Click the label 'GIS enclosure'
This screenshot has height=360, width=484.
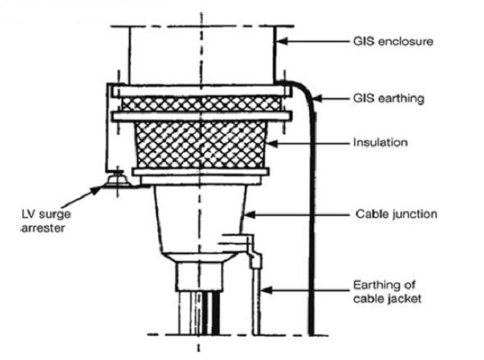click(x=393, y=42)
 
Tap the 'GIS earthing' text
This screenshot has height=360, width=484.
click(x=389, y=98)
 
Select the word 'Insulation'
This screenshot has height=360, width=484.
click(x=380, y=142)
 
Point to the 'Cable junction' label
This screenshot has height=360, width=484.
click(x=396, y=214)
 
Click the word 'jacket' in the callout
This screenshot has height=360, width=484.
click(x=404, y=299)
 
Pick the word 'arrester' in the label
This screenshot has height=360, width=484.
click(x=43, y=228)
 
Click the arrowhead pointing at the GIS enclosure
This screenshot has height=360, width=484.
click(x=282, y=41)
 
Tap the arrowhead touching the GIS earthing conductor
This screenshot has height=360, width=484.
click(x=317, y=98)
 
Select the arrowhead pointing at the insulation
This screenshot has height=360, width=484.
click(x=273, y=143)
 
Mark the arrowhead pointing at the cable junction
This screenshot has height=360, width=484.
click(x=250, y=214)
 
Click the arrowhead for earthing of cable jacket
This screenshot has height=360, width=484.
click(x=267, y=290)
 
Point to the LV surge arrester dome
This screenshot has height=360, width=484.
click(x=117, y=180)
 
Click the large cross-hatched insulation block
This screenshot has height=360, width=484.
click(x=200, y=145)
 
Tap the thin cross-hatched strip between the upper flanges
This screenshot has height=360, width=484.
click(x=201, y=104)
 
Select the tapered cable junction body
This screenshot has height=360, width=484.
click(x=200, y=219)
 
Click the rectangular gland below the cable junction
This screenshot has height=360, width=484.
click(x=200, y=277)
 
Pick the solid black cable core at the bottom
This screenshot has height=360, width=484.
click(x=215, y=313)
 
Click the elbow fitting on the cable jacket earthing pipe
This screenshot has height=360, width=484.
click(x=255, y=259)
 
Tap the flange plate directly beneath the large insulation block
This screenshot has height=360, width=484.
click(x=201, y=171)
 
